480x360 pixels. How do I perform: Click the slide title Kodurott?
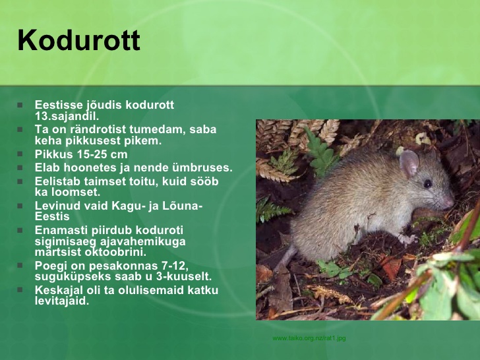click(79, 40)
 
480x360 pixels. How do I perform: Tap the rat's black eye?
click(428, 183)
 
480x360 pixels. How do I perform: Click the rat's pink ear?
click(409, 163)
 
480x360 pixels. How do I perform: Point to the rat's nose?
click(450, 202)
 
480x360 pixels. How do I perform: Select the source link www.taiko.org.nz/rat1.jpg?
click(309, 338)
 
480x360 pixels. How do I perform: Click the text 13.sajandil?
click(67, 116)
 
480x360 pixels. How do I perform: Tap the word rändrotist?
click(98, 129)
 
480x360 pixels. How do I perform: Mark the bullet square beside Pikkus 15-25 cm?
click(20, 154)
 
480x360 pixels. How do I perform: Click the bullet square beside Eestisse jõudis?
click(20, 105)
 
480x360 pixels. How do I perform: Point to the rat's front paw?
click(407, 239)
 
